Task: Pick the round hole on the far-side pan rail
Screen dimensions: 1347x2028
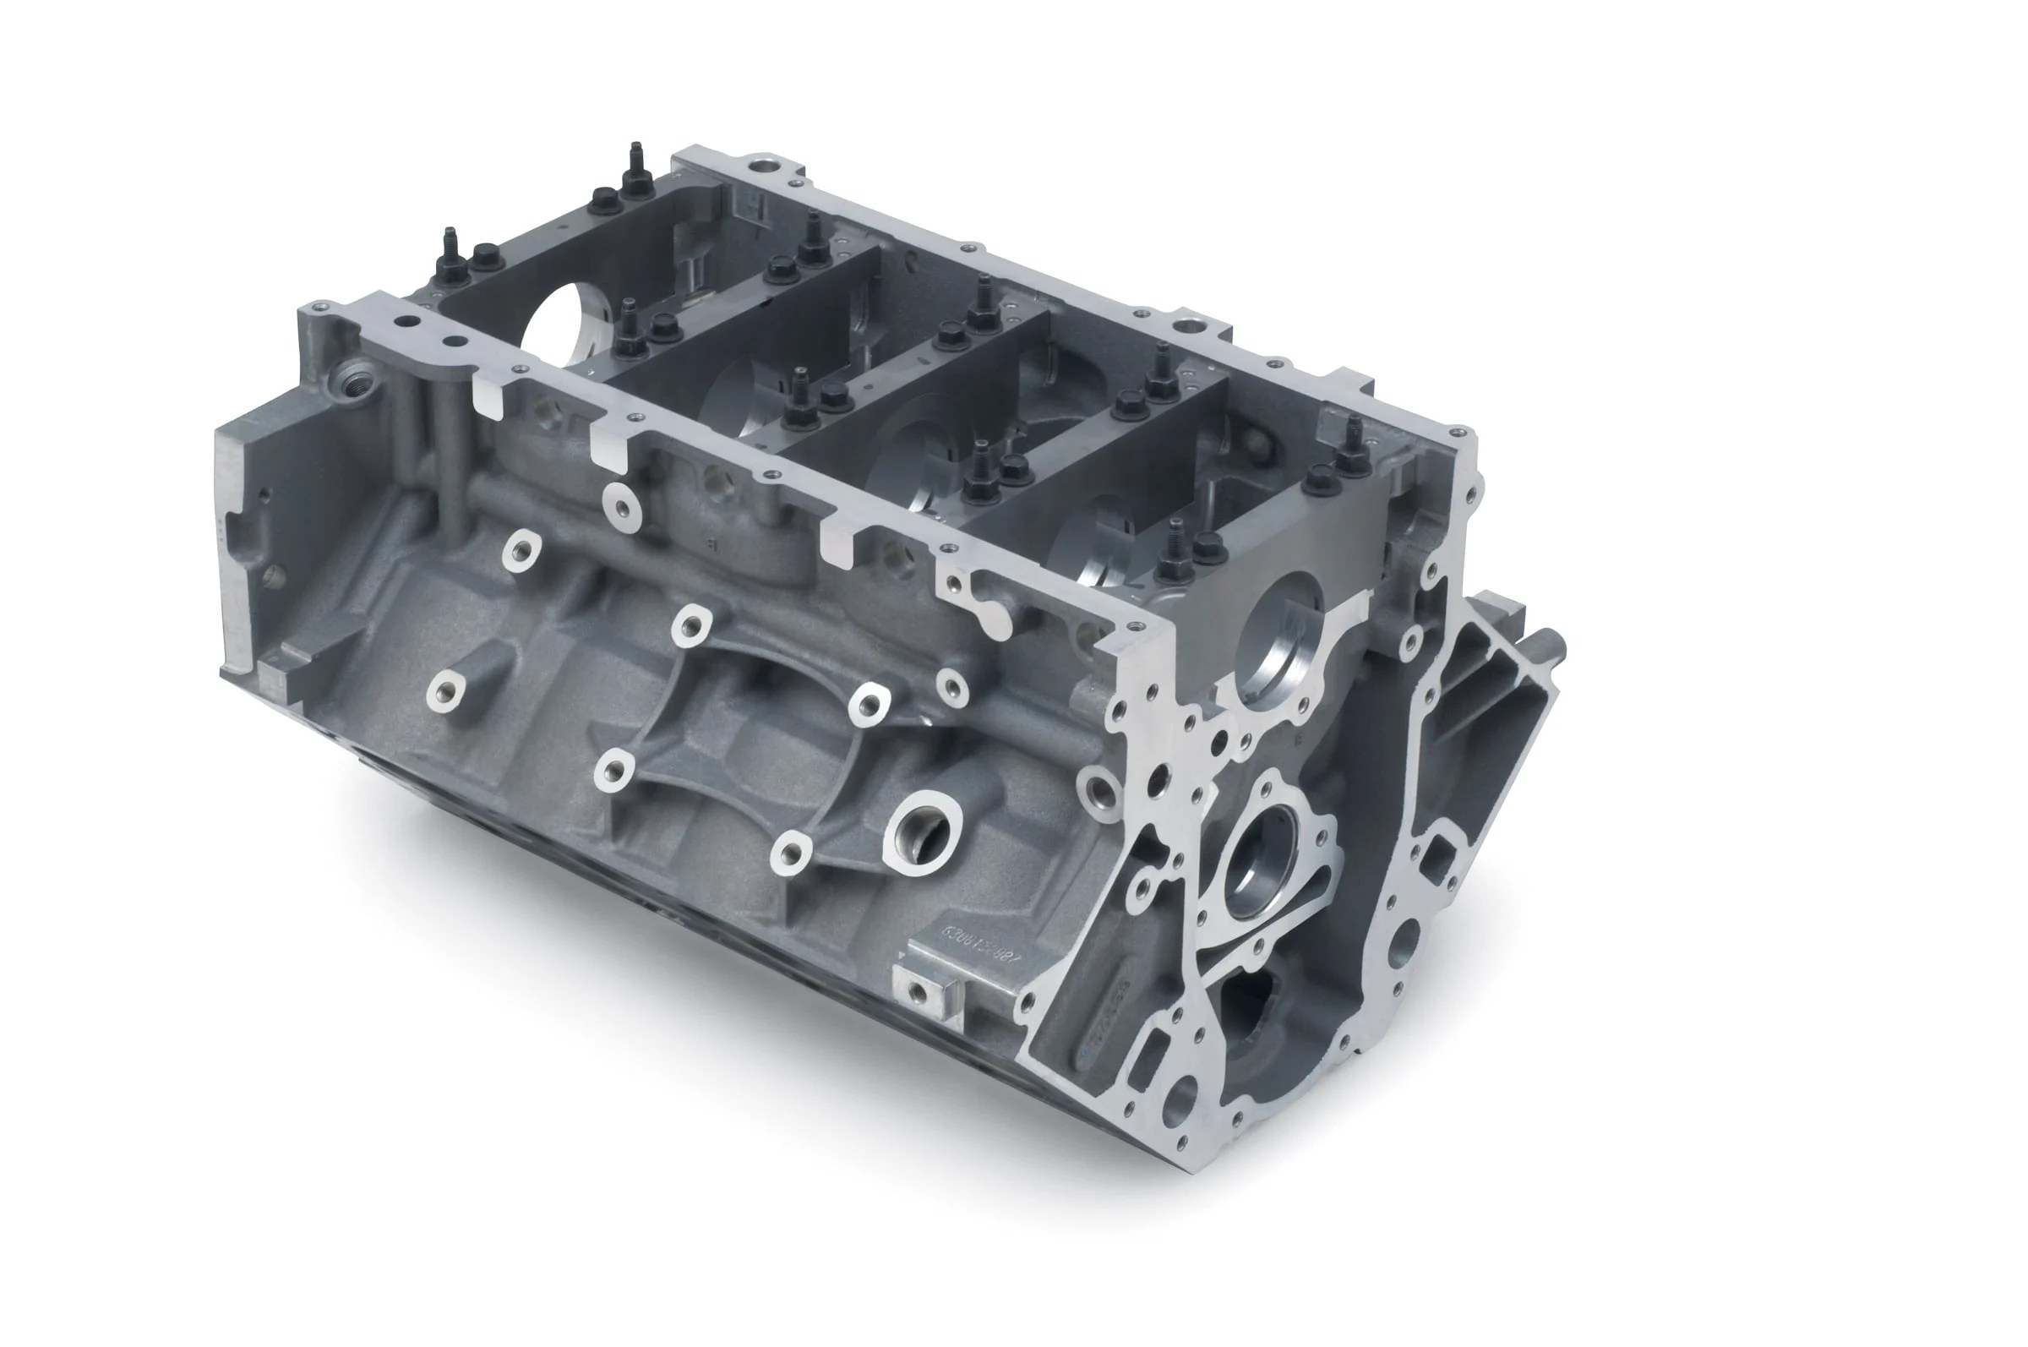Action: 1188,325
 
